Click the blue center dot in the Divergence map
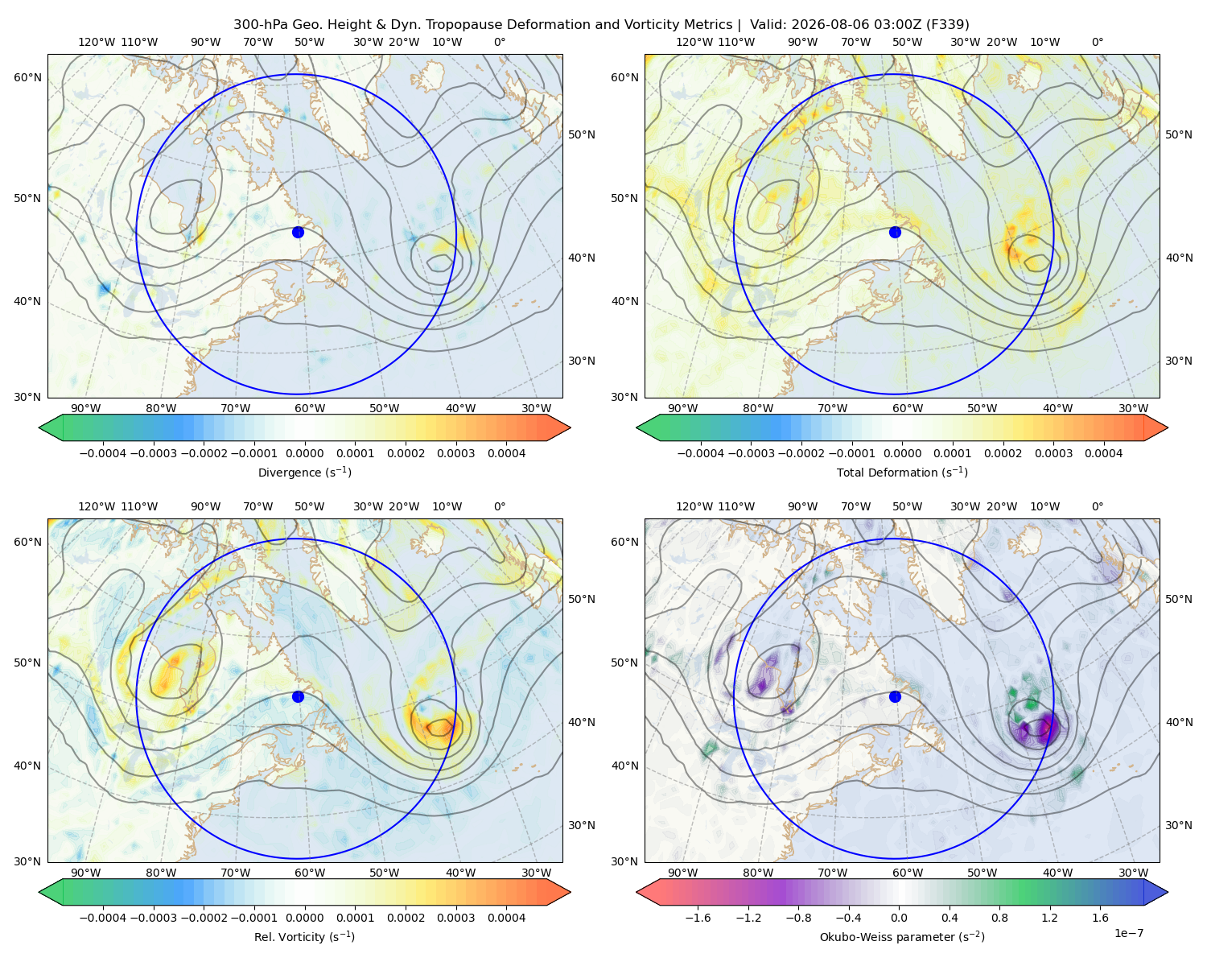click(298, 232)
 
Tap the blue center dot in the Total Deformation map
click(895, 232)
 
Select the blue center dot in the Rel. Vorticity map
click(298, 696)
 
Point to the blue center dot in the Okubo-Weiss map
click(895, 696)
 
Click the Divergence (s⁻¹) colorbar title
click(304, 472)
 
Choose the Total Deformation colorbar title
click(902, 472)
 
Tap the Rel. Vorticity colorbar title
click(304, 936)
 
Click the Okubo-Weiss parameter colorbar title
click(902, 936)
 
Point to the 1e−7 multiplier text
click(1128, 932)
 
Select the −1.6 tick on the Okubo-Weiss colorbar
click(698, 917)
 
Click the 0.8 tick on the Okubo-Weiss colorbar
click(999, 917)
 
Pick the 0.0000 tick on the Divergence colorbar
click(304, 453)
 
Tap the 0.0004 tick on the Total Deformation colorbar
click(1103, 453)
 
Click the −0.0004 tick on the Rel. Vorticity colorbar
click(103, 917)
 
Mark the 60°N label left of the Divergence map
click(27, 77)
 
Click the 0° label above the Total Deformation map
click(1097, 42)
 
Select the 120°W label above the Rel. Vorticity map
click(97, 506)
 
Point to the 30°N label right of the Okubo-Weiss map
click(1178, 825)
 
